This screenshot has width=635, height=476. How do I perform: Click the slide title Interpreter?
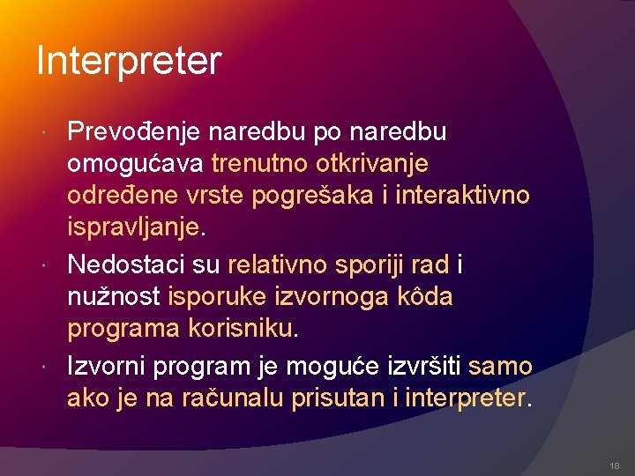click(x=129, y=61)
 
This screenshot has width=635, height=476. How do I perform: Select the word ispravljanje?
click(x=134, y=228)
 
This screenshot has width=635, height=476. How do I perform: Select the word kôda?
click(x=426, y=296)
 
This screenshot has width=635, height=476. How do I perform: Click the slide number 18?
click(x=614, y=465)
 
